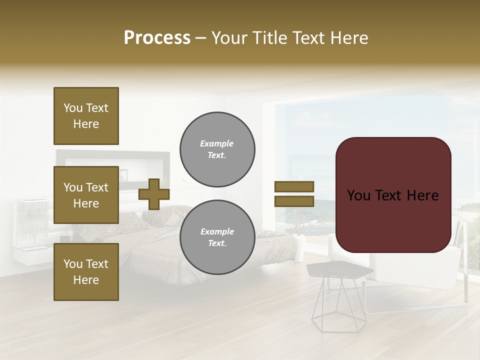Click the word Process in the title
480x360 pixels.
click(157, 38)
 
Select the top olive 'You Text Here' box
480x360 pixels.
click(86, 116)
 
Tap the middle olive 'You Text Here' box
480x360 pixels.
click(86, 195)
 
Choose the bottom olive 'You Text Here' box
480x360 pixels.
click(86, 272)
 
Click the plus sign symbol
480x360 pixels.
click(154, 194)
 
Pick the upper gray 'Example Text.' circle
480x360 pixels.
click(217, 149)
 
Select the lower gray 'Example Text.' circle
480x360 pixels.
click(217, 237)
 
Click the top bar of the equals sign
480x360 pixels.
click(294, 186)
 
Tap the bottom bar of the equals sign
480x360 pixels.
click(294, 201)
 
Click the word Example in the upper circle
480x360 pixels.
click(217, 143)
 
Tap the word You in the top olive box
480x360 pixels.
click(73, 108)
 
